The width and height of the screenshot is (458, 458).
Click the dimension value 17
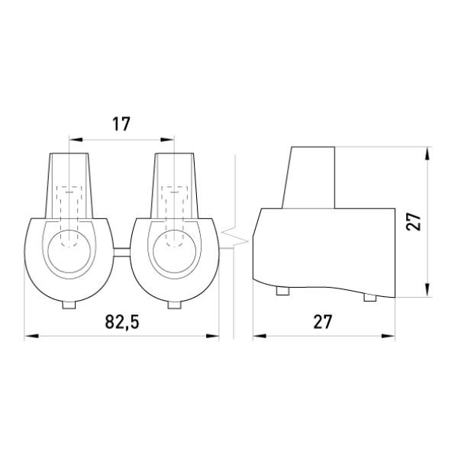[x=121, y=124]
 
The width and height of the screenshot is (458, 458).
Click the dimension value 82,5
[x=122, y=322]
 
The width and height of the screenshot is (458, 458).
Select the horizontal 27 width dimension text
[x=323, y=322]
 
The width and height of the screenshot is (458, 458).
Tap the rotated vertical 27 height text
[x=414, y=221]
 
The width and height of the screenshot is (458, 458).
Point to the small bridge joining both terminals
[x=122, y=253]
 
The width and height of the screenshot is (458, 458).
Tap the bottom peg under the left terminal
[x=69, y=305]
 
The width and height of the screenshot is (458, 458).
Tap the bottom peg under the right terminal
[x=174, y=305]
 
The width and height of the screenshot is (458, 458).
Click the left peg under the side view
[x=282, y=291]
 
